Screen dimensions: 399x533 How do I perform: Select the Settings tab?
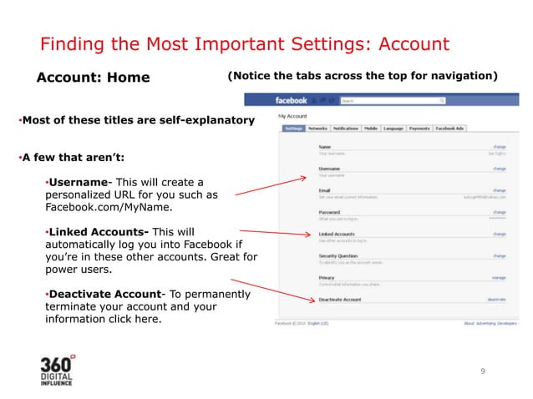292,129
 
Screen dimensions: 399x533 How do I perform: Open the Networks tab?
317,129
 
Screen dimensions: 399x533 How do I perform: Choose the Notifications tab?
346,129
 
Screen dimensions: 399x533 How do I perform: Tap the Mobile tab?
371,129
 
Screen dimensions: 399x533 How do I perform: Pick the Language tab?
394,129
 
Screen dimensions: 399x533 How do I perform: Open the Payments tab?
420,129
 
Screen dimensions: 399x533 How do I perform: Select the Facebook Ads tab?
451,129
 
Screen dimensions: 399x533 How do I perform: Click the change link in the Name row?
500,147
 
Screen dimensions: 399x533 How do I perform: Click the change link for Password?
500,212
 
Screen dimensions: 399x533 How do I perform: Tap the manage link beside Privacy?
499,277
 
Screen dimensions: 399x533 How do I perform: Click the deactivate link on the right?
497,299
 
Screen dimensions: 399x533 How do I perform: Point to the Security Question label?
338,255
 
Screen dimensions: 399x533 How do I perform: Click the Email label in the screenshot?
324,190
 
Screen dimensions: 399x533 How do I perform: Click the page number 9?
482,371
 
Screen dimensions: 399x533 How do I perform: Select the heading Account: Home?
93,78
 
